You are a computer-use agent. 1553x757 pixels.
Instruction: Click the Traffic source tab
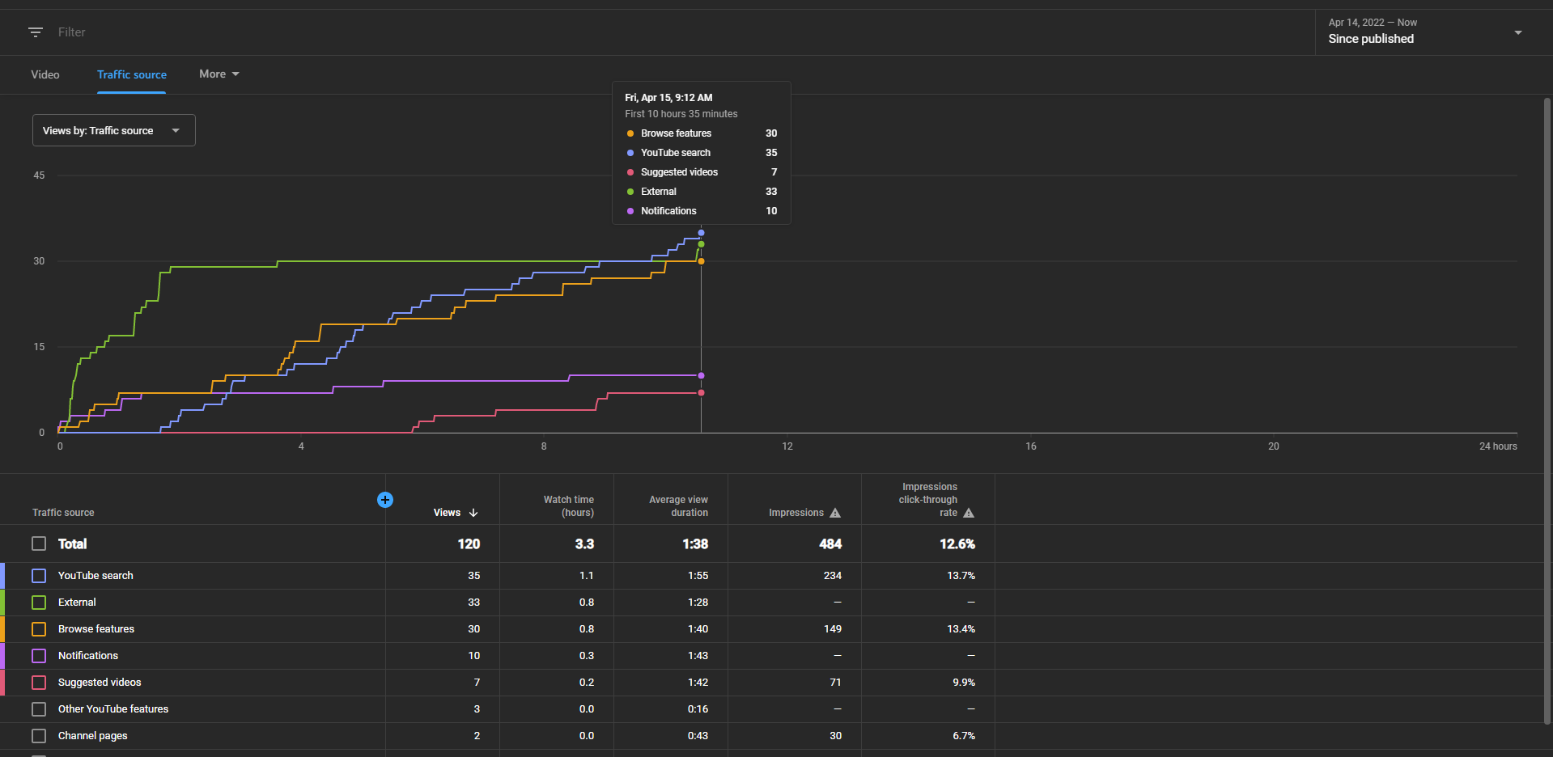click(132, 74)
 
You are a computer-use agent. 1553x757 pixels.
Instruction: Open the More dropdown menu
click(219, 74)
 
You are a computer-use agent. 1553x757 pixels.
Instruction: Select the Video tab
click(45, 74)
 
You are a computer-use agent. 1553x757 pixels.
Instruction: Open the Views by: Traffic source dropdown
click(114, 130)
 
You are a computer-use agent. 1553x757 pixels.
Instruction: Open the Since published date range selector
click(1425, 32)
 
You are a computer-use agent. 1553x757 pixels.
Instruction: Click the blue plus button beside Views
click(385, 500)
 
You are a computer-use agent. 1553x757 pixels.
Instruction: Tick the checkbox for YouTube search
click(39, 576)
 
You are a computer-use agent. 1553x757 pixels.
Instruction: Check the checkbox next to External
click(39, 603)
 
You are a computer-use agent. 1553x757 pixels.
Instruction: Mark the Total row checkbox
click(39, 543)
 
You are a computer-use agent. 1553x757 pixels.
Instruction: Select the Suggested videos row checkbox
click(39, 683)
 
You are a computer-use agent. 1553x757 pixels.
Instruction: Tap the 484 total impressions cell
click(830, 544)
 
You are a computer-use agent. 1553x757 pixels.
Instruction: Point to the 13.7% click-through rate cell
click(961, 576)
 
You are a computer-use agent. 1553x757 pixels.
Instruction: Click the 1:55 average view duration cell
click(698, 576)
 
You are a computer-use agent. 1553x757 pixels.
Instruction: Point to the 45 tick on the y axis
click(39, 176)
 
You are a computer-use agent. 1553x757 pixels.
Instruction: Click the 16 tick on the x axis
click(1031, 446)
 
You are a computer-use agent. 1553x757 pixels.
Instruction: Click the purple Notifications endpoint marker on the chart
click(701, 375)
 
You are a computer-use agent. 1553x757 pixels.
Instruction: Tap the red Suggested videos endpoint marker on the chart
click(701, 393)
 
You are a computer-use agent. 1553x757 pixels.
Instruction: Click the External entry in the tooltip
click(658, 192)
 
